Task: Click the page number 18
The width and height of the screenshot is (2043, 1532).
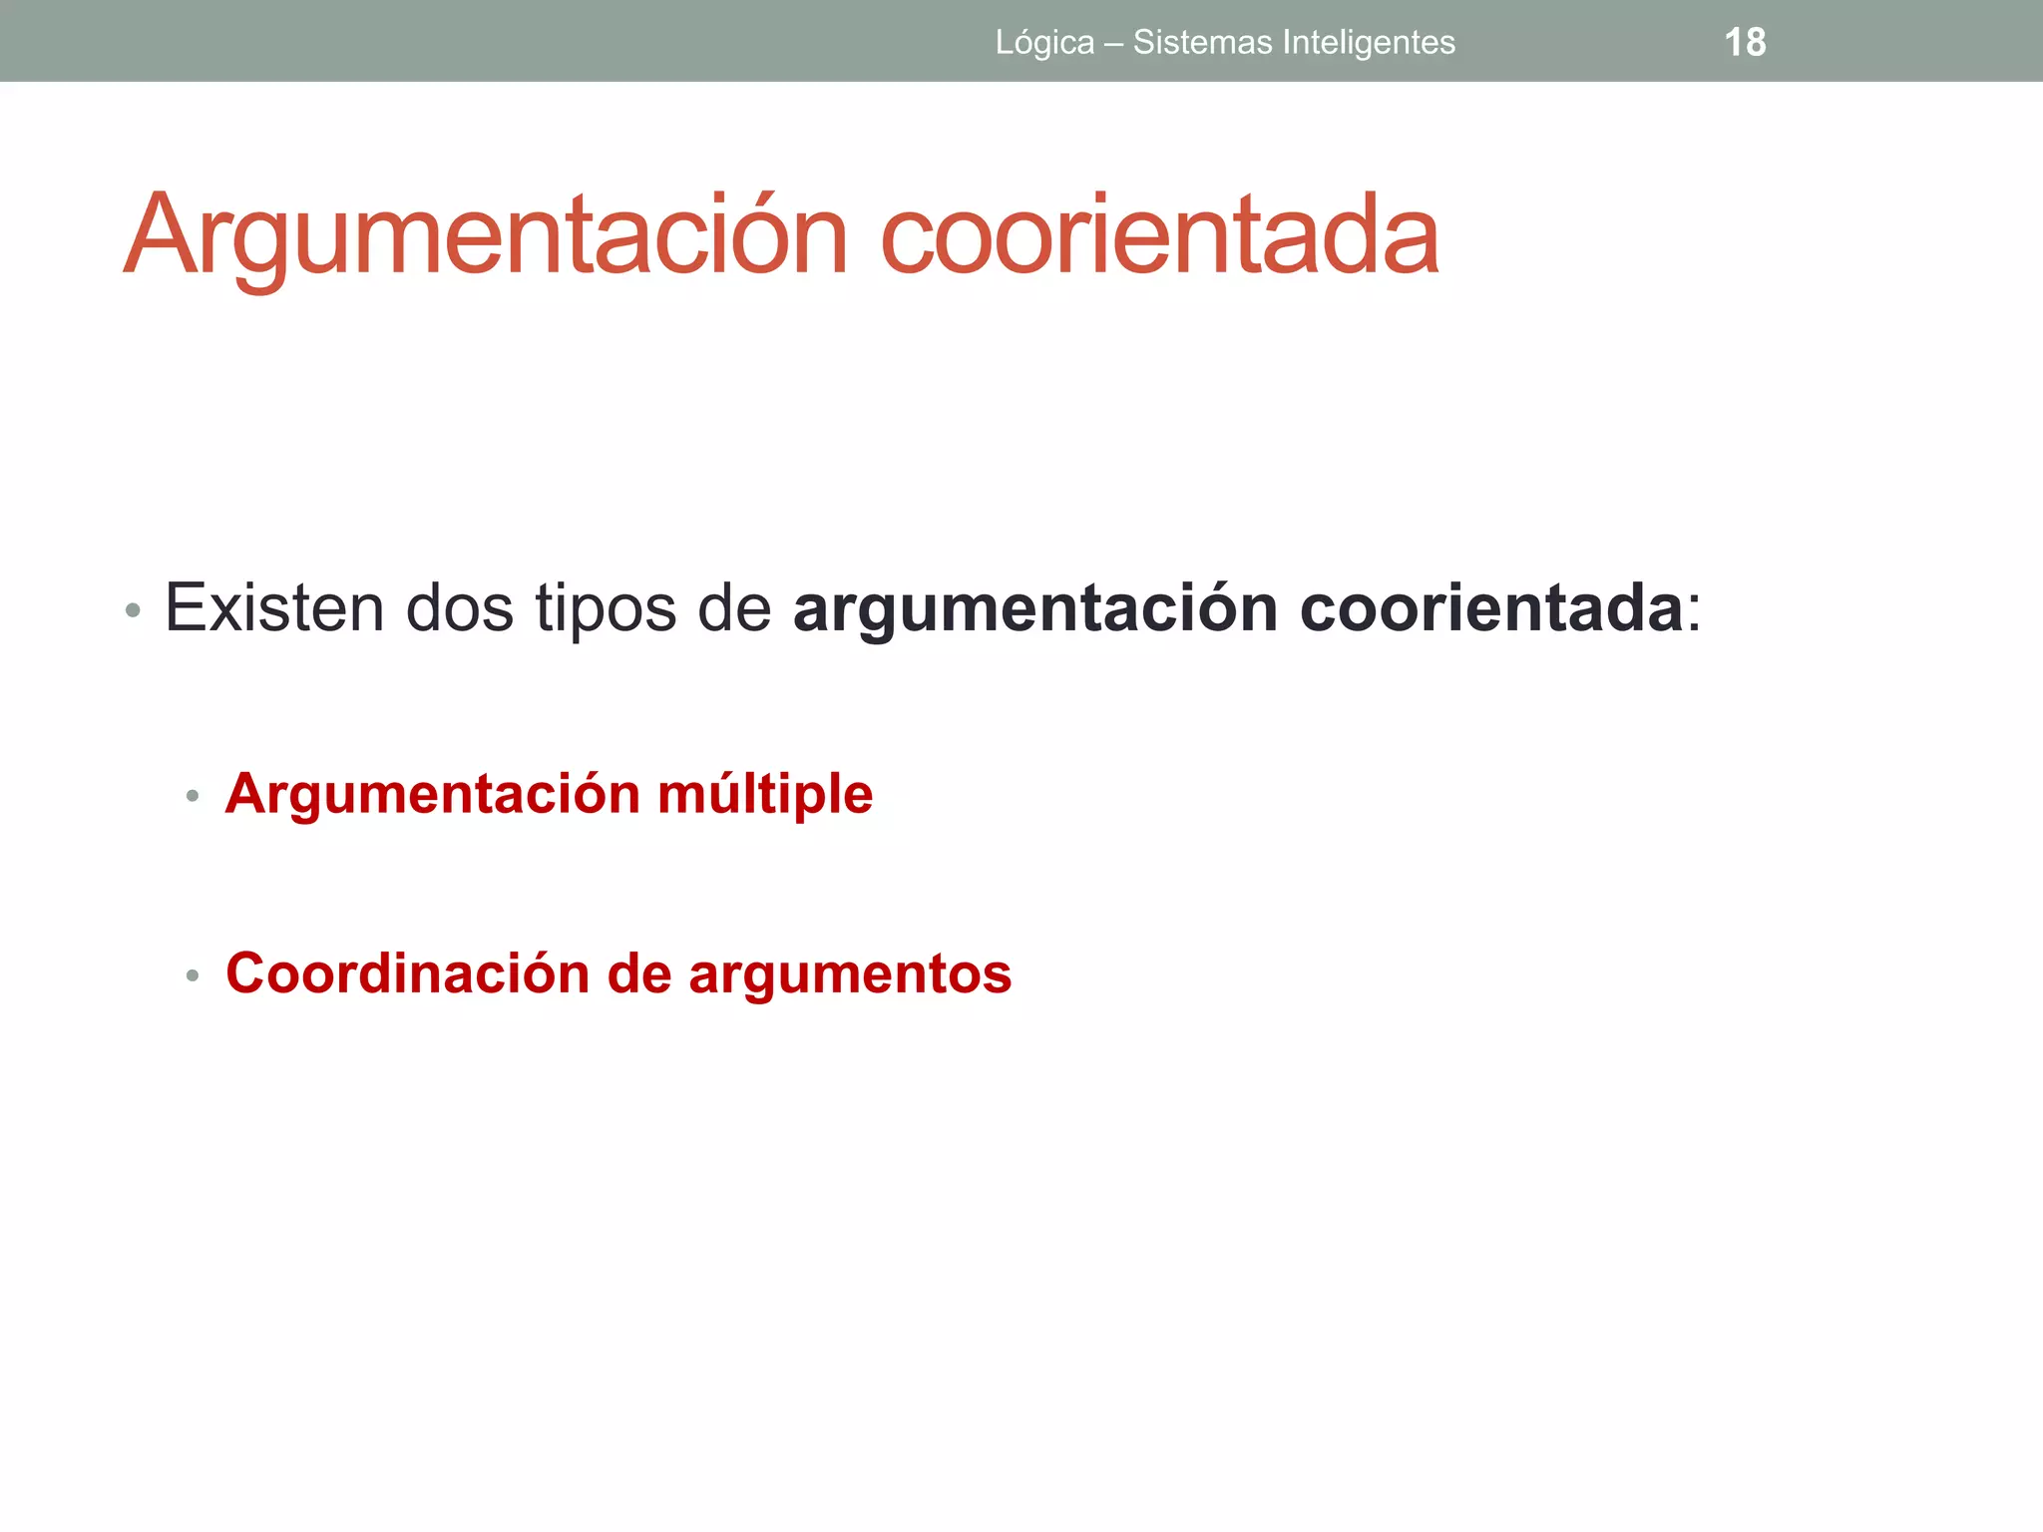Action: (x=1745, y=42)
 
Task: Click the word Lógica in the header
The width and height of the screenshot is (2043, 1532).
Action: (x=1044, y=43)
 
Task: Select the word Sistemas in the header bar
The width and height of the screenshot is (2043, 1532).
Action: (x=1202, y=42)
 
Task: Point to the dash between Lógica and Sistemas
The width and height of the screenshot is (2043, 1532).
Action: (x=1113, y=43)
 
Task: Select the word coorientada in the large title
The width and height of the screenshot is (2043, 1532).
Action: (x=1159, y=236)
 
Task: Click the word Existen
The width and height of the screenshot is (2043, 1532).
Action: (x=274, y=607)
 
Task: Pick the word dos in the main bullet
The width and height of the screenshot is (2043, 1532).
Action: (x=460, y=607)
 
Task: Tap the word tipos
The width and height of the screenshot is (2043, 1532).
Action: (x=607, y=609)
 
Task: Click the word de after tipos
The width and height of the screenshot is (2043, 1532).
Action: (x=734, y=607)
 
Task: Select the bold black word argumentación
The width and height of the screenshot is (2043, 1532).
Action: (x=1034, y=609)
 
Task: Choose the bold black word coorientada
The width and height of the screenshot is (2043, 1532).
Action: (x=1491, y=607)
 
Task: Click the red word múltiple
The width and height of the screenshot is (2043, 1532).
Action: (x=765, y=795)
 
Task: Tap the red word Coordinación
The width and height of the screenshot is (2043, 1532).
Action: (x=408, y=973)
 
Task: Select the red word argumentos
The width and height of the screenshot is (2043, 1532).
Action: (x=850, y=975)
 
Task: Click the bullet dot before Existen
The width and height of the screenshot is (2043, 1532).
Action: (x=133, y=610)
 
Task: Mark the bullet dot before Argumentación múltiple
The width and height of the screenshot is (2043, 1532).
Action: (x=193, y=797)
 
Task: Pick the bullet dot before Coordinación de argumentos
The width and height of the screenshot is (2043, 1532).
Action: (x=193, y=975)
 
